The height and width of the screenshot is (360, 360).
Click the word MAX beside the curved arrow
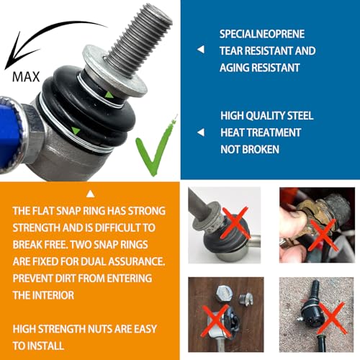[26, 77]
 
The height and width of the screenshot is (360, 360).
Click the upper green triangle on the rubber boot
[109, 95]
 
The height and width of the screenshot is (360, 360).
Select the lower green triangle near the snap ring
[76, 130]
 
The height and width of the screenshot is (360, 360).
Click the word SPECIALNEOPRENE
[262, 34]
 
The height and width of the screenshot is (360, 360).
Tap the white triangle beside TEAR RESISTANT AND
[201, 50]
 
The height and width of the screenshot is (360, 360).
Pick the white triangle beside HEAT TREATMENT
[201, 132]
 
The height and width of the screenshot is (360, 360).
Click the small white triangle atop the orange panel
[90, 194]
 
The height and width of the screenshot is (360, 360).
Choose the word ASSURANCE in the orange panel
[137, 261]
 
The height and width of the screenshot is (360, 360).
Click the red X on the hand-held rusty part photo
[323, 235]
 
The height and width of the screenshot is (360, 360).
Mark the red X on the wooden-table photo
[216, 320]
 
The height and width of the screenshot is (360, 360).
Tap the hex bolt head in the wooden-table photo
[225, 293]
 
